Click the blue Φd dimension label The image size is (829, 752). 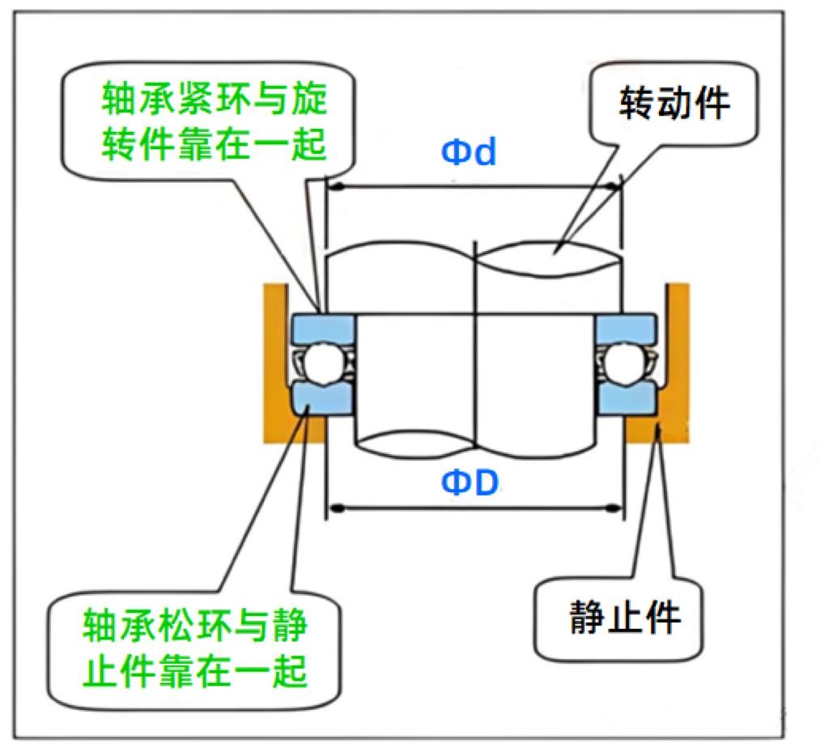[469, 152]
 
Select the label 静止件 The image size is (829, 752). [624, 618]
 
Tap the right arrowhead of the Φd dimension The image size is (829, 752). [614, 187]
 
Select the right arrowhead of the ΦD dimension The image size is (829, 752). [614, 508]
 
